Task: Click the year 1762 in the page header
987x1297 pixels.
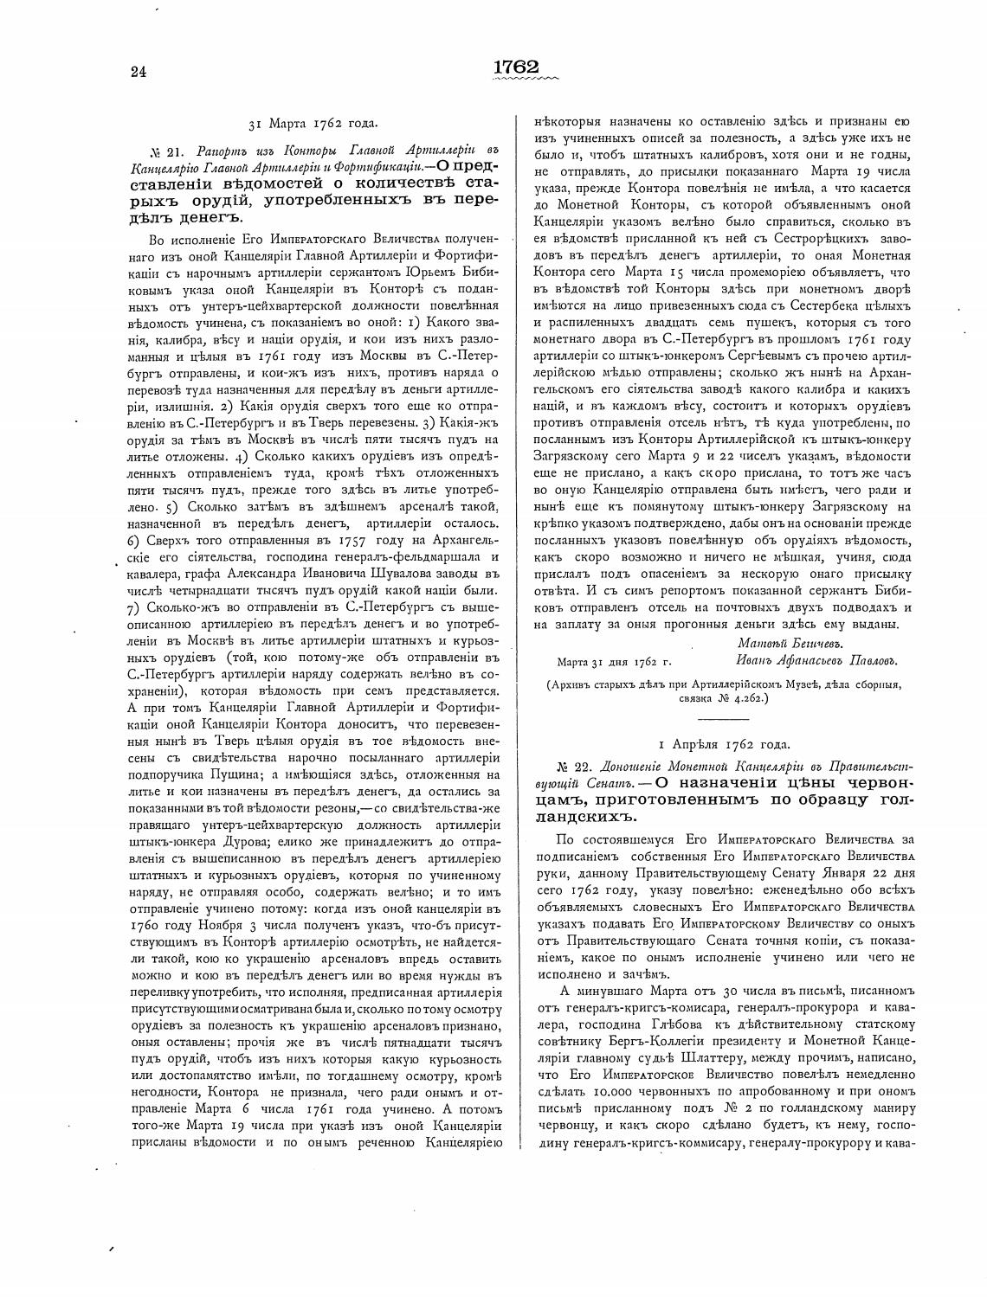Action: pyautogui.click(x=516, y=67)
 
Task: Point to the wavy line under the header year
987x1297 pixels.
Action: pyautogui.click(x=524, y=80)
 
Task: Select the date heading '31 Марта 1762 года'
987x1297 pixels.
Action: pyautogui.click(x=313, y=123)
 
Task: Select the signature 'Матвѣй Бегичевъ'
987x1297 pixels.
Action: pyautogui.click(x=790, y=643)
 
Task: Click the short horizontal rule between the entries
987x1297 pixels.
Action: pyautogui.click(x=722, y=718)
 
